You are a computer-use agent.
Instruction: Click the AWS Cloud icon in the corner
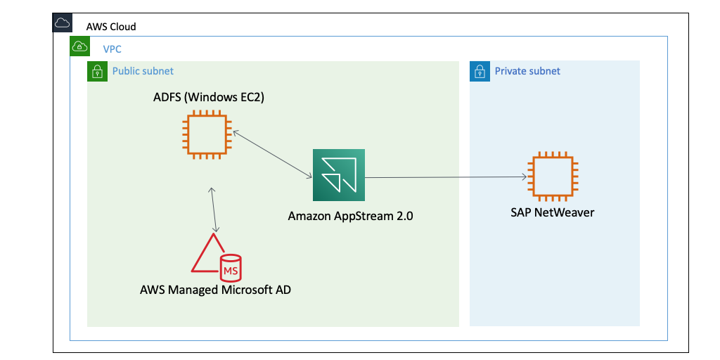pos(63,22)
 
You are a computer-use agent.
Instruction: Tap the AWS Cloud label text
pos(111,27)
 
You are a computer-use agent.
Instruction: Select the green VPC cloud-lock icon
pos(79,46)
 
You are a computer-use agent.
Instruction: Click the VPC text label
pos(112,49)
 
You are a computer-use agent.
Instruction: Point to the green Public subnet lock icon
pos(96,71)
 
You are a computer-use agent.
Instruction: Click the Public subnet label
pos(143,71)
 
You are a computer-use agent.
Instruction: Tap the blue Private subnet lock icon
pos(479,71)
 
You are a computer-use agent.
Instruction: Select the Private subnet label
pos(527,71)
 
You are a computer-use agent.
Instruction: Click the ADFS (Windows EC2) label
pos(209,97)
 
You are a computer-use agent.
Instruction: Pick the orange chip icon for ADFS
pos(205,134)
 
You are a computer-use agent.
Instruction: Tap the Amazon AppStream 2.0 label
pos(350,216)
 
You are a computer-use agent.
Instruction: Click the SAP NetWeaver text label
pos(552,212)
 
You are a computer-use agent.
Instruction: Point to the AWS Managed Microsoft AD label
pos(215,290)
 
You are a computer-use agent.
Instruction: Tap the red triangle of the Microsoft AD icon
pos(206,256)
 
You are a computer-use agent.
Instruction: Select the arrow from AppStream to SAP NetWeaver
pos(446,177)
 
